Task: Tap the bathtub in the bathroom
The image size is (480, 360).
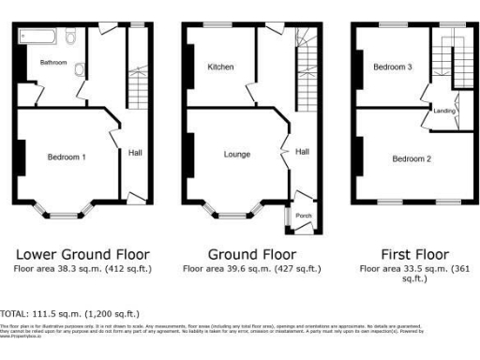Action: pos(37,38)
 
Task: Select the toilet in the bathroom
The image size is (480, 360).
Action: pos(71,38)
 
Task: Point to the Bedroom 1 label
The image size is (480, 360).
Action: pos(67,157)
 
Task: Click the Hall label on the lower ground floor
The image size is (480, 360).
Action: pos(135,152)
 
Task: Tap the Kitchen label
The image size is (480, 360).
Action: pos(220,67)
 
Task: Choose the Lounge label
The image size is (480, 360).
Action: pos(236,152)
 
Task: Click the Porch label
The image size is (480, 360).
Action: pos(304,216)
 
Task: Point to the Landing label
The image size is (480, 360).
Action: pos(444,111)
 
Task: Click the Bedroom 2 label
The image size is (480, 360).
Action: pos(412,158)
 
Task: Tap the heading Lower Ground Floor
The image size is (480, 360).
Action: pos(82,254)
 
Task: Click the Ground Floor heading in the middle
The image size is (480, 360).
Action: pos(251,254)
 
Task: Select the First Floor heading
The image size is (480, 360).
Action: pos(413,254)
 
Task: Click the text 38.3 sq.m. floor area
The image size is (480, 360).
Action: pos(82,268)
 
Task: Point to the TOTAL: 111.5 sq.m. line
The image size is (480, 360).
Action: pos(70,313)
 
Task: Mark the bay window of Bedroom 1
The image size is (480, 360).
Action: pos(66,211)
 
